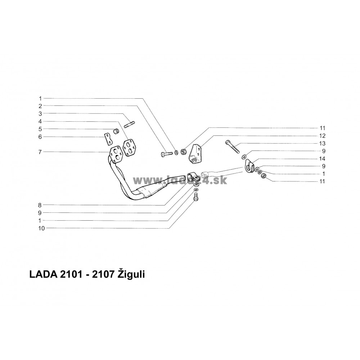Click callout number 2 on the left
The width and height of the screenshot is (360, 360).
point(41,106)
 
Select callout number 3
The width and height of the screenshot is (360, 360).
point(41,113)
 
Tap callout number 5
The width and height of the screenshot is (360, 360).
point(41,129)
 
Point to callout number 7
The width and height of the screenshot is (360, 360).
point(41,152)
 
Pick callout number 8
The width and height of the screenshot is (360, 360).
point(41,205)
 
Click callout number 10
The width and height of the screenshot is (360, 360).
point(42,228)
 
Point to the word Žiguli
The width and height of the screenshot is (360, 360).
point(133,275)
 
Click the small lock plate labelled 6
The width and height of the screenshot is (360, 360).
point(107,138)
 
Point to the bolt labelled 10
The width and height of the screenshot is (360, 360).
point(196,197)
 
